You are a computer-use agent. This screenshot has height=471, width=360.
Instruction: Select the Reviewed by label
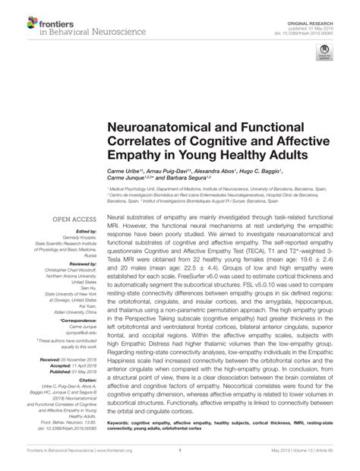click(84, 263)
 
